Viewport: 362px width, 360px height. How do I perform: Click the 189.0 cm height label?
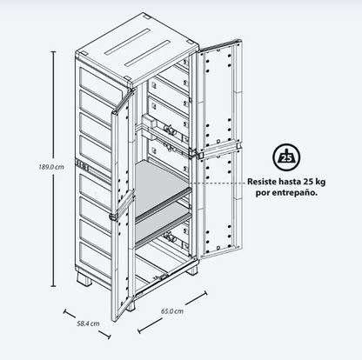click(51, 167)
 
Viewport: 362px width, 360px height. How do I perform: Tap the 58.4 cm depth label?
click(88, 323)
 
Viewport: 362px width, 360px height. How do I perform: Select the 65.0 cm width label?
click(172, 311)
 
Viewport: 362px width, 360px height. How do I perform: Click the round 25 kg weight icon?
click(286, 157)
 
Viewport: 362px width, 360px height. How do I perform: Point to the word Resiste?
click(261, 182)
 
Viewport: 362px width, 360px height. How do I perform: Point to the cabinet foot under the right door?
click(192, 270)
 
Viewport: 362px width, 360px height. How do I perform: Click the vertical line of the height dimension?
click(53, 169)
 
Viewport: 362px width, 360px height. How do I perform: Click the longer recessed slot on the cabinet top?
click(147, 53)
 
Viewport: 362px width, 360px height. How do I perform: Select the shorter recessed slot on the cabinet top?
click(127, 42)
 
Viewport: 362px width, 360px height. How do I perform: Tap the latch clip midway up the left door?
click(112, 217)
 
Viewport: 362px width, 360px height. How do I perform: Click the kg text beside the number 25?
click(320, 183)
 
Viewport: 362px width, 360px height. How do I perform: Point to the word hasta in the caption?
click(290, 182)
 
